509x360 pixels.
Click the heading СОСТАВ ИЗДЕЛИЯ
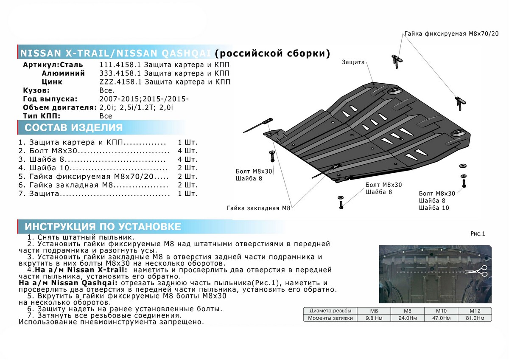74,128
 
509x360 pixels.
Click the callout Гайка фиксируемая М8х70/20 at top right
451,34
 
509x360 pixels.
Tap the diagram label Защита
353,62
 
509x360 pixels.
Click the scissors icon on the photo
482,272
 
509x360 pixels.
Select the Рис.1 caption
477,233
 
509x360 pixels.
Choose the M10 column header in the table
442,310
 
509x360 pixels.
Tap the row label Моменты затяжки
330,318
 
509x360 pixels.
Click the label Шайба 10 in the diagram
433,208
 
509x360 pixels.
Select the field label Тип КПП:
42,115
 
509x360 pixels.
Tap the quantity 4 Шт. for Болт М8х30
188,151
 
